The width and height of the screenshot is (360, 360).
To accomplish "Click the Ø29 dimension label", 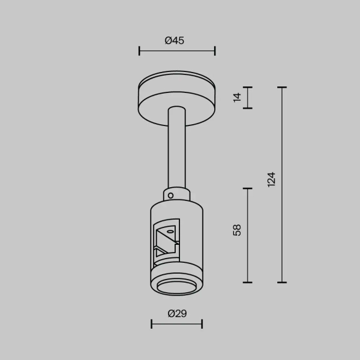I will click(176, 313).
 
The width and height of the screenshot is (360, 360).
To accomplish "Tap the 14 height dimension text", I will click(237, 98).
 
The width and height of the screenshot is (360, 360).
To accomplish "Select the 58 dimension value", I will click(237, 230).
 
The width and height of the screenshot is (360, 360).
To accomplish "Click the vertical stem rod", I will click(177, 150).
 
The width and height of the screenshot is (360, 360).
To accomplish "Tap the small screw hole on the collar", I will click(171, 195).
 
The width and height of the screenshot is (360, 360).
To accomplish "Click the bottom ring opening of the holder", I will click(177, 286).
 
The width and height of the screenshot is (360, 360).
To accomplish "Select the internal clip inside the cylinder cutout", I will click(166, 240).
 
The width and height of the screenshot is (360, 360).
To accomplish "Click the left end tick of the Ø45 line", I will click(139, 51).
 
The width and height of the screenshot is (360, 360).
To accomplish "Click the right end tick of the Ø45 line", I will click(215, 51).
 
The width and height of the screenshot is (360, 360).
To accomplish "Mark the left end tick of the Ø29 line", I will click(151, 324).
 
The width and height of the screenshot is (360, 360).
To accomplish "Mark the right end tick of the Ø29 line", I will click(202, 324).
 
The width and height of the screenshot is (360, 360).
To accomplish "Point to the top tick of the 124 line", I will click(282, 88).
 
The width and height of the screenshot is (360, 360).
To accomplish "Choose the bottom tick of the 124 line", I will click(282, 282).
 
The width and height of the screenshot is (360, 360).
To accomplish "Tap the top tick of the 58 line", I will click(247, 188).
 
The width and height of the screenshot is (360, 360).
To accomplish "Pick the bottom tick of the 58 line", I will click(247, 282).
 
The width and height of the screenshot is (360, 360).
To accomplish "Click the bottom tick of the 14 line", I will click(247, 109).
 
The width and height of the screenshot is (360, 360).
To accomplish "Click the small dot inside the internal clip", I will click(170, 231).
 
